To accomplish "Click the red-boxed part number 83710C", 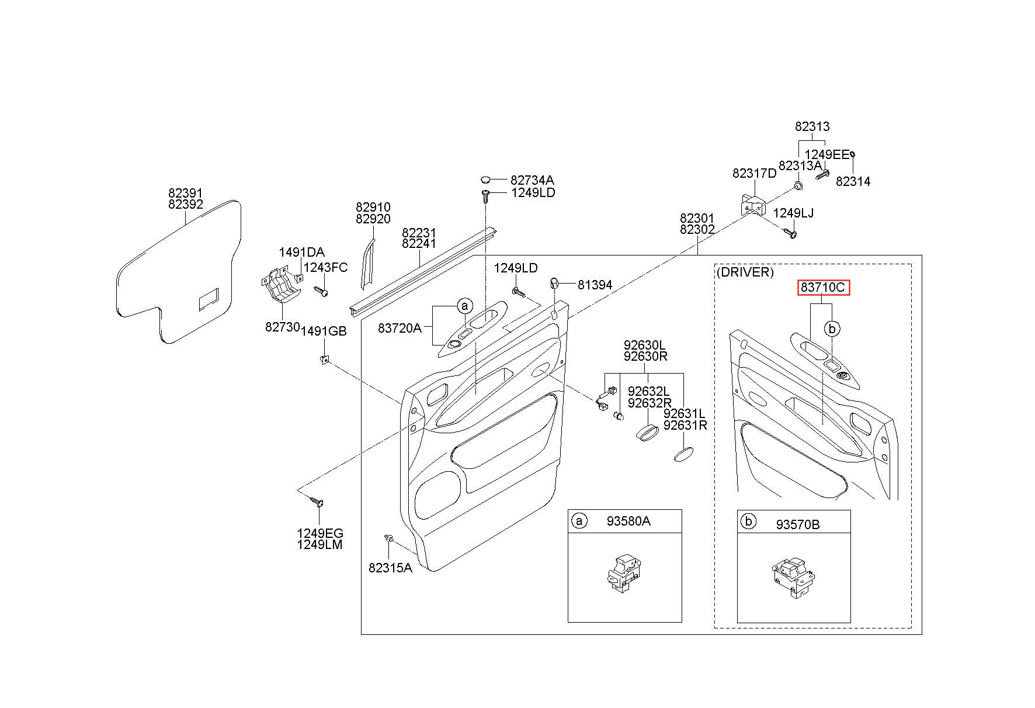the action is [823, 288].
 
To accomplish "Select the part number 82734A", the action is [532, 180].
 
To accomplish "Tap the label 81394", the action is [595, 285].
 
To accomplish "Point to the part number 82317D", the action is [755, 173].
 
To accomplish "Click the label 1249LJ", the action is [793, 213].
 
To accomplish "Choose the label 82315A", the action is [390, 567].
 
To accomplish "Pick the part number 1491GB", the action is [324, 331].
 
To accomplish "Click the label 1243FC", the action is [325, 267].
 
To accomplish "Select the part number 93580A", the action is [628, 521].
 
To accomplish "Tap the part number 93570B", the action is [798, 524].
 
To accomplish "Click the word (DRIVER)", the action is [745, 272].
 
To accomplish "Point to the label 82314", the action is [853, 181].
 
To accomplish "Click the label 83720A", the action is [400, 328].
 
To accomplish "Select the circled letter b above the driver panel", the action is [832, 329].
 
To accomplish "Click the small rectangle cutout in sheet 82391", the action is [209, 299].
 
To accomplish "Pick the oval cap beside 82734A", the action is [488, 179].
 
